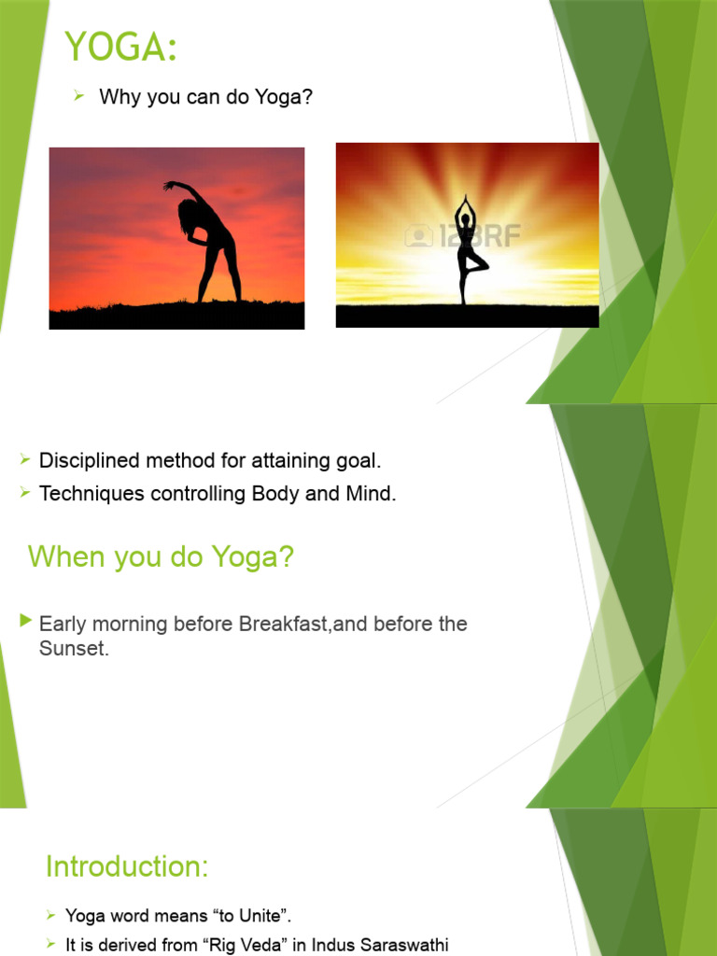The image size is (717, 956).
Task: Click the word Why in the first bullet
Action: (x=119, y=97)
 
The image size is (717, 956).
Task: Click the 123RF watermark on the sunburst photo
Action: (x=463, y=235)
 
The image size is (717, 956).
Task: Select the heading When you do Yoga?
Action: (x=161, y=557)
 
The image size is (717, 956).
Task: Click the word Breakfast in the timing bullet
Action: (x=285, y=624)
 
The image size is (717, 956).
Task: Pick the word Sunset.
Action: (x=74, y=648)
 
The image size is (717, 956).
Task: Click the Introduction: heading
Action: (x=127, y=866)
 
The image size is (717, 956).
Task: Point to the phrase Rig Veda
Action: (x=218, y=945)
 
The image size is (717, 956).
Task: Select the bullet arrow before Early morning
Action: (x=26, y=621)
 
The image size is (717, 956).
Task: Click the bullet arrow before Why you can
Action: (x=79, y=96)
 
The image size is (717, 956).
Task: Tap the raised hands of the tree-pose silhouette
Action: (x=463, y=200)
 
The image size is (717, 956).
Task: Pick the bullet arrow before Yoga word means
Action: (x=51, y=916)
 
